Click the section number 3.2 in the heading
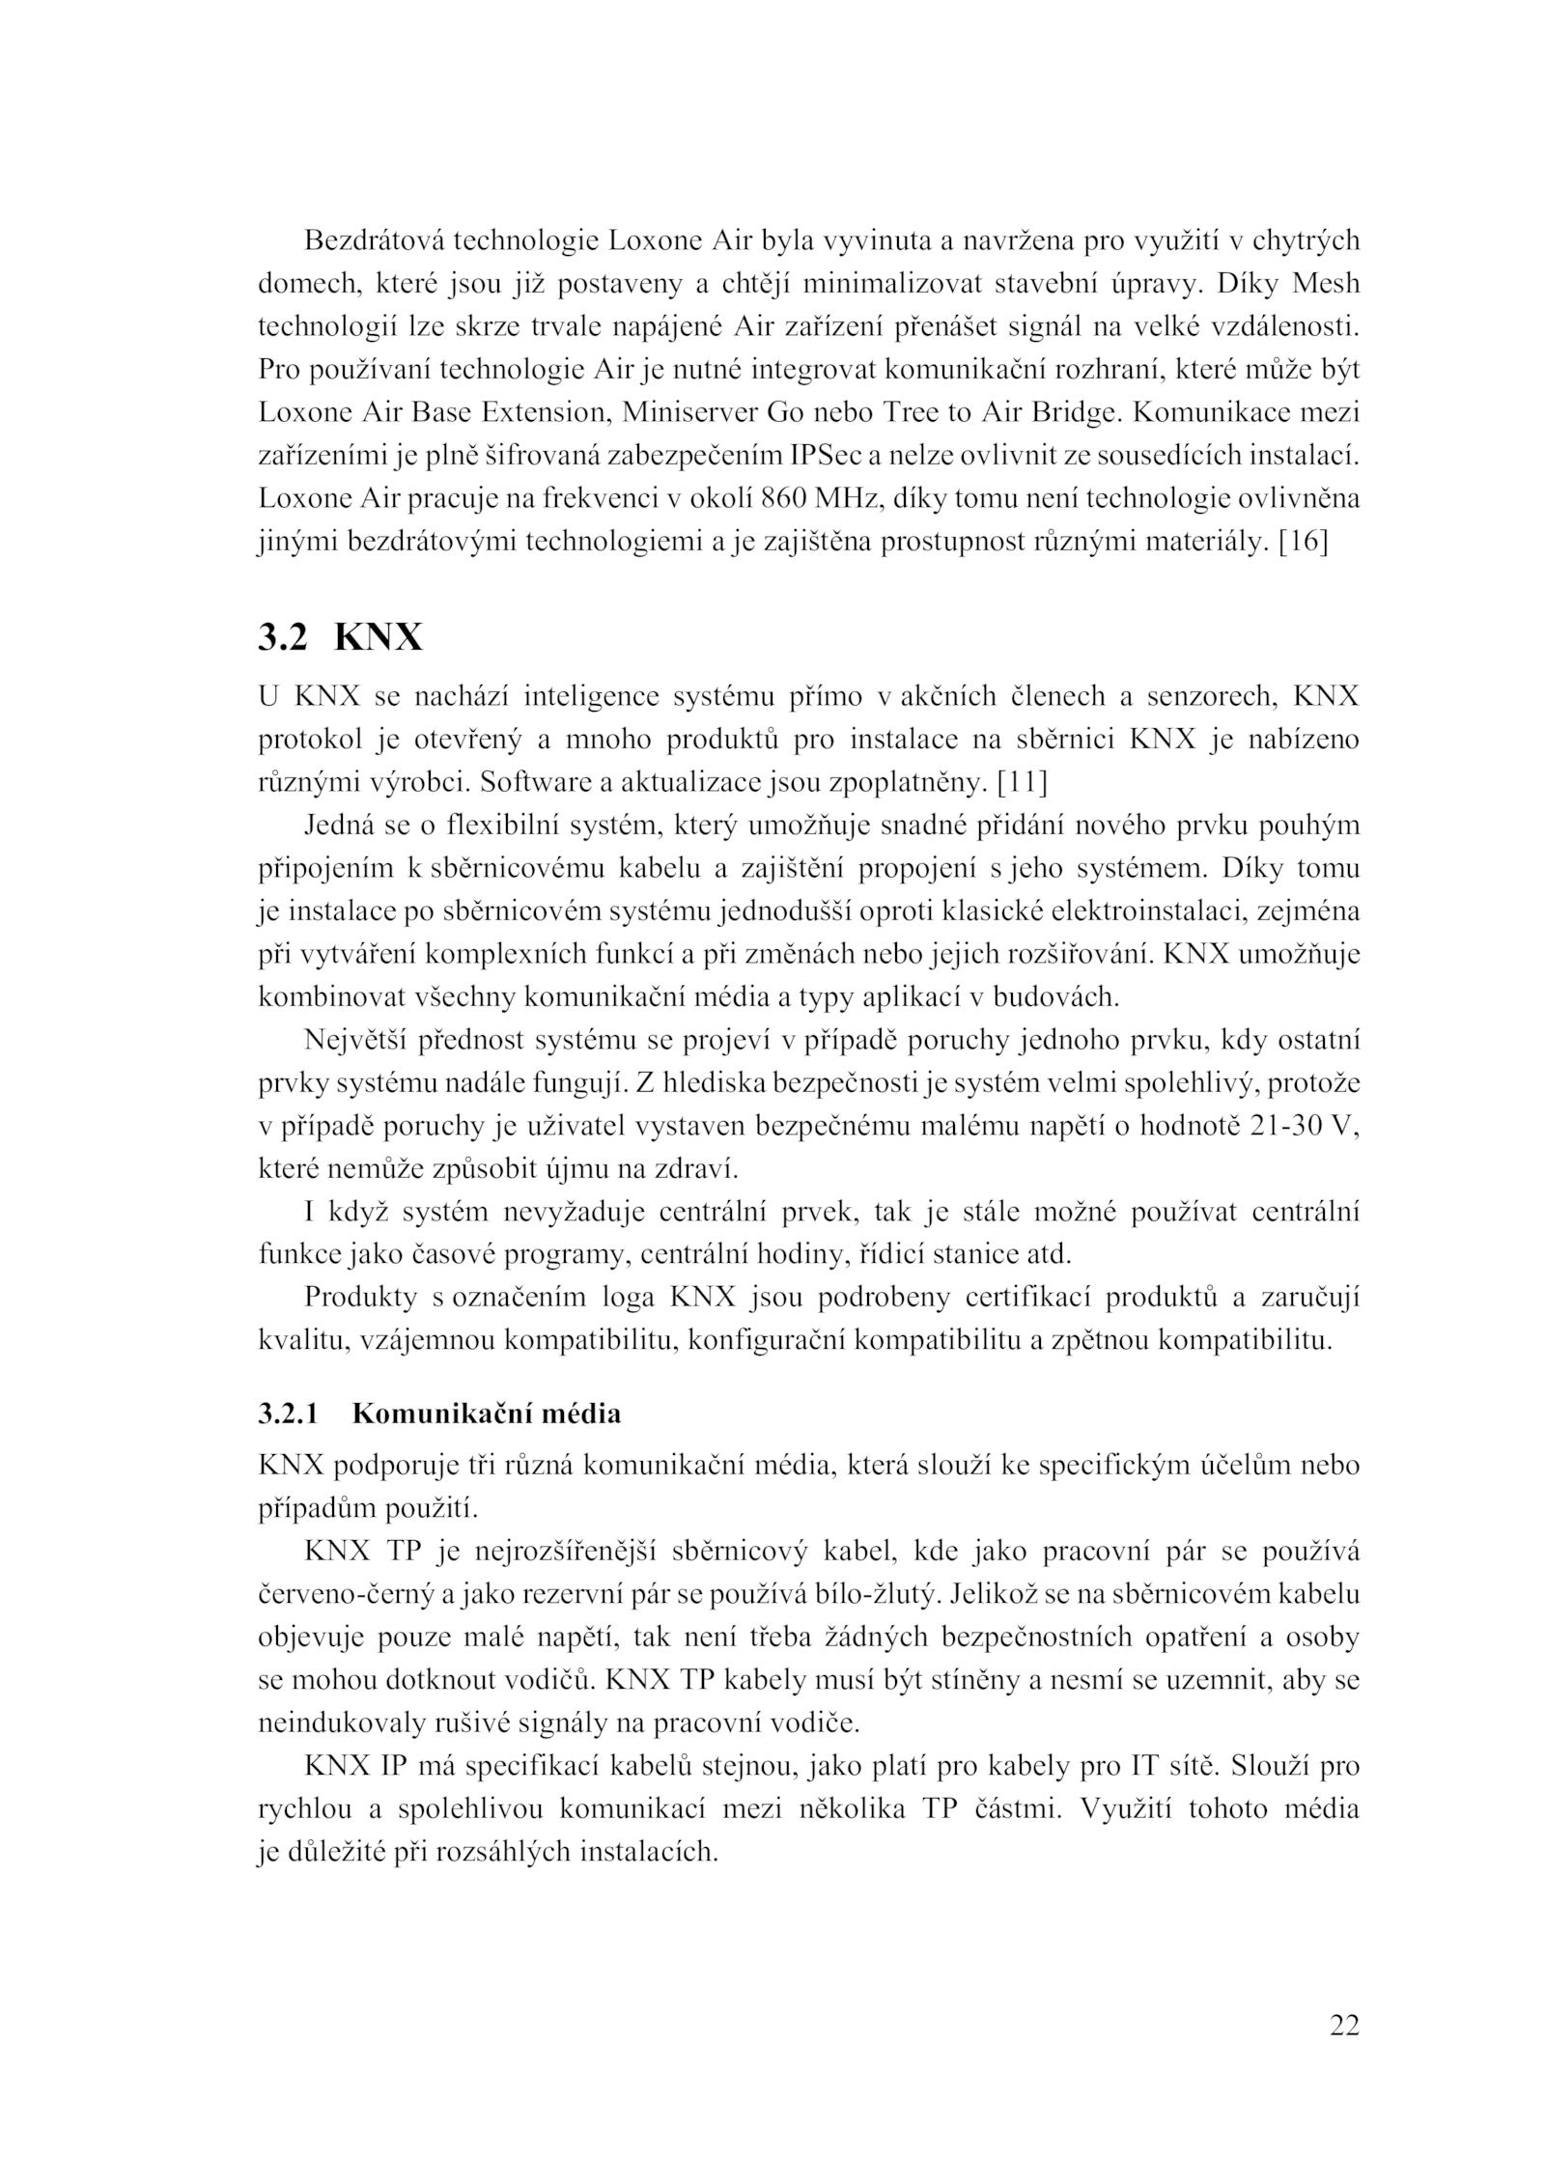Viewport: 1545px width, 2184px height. pyautogui.click(x=283, y=638)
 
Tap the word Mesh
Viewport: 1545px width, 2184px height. pyautogui.click(x=1325, y=283)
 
